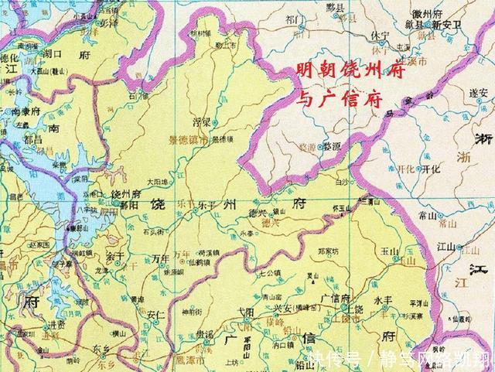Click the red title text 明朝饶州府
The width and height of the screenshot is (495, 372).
tap(340, 70)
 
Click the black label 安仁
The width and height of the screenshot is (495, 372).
tap(155, 315)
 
